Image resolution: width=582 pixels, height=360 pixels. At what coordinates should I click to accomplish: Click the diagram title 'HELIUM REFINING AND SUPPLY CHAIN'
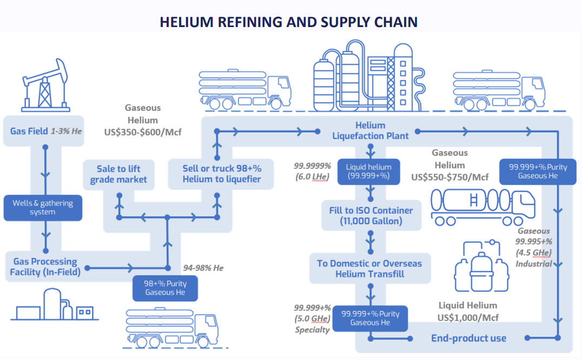(288, 22)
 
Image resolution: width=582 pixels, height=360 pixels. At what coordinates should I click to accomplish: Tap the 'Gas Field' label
(29, 131)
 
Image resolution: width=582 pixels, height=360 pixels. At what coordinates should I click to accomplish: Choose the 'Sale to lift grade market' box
(118, 174)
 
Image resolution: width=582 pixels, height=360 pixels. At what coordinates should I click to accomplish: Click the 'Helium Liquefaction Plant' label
(371, 131)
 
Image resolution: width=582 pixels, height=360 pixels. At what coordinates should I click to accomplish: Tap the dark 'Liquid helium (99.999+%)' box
(368, 172)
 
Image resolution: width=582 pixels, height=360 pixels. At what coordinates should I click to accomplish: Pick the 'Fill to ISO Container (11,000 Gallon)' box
(371, 215)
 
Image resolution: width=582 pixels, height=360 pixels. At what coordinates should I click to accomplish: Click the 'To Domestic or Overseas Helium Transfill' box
(369, 269)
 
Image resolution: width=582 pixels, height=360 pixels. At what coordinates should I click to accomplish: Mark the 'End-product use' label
(468, 338)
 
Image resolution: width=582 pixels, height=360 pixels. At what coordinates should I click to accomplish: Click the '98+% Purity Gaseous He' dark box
(165, 288)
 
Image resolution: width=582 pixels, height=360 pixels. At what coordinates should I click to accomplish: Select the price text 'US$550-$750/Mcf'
(450, 177)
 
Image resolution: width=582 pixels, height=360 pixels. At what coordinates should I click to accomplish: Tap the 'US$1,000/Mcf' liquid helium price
(468, 317)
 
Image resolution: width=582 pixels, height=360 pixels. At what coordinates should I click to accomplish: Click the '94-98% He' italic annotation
(203, 267)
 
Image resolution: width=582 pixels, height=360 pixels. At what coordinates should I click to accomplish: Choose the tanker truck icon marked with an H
(479, 206)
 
